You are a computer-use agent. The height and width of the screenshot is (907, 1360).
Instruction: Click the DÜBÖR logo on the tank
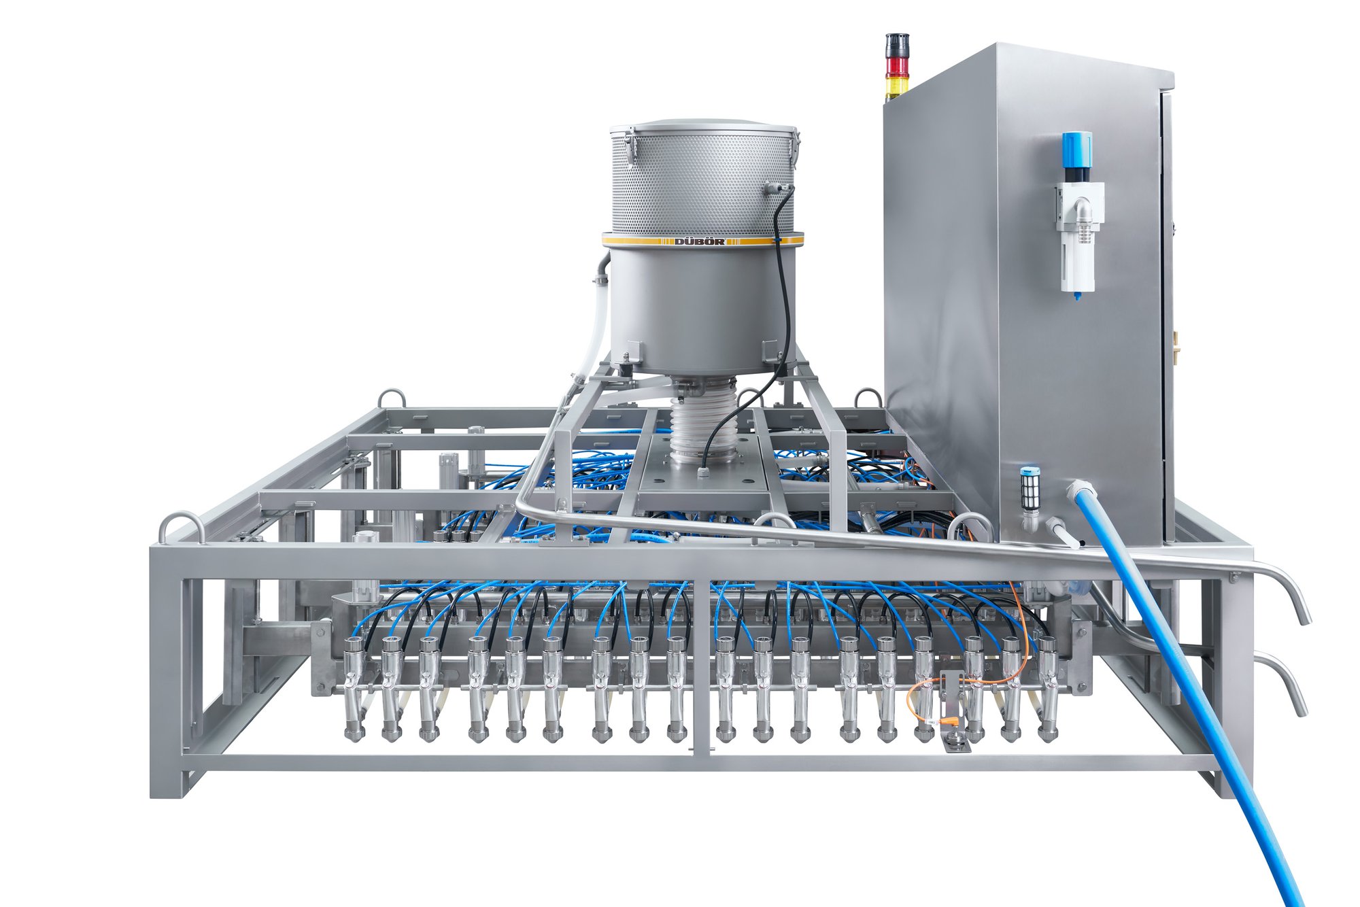point(699,241)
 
